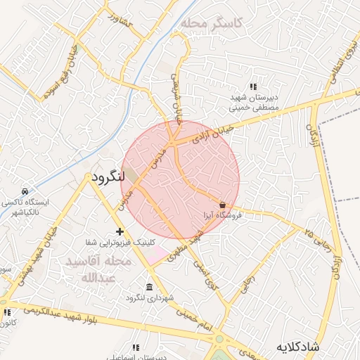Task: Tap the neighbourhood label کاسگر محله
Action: click(x=210, y=23)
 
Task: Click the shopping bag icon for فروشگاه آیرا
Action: click(x=223, y=205)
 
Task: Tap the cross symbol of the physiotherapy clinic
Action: click(x=120, y=231)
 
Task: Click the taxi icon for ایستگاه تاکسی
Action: click(x=25, y=191)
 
